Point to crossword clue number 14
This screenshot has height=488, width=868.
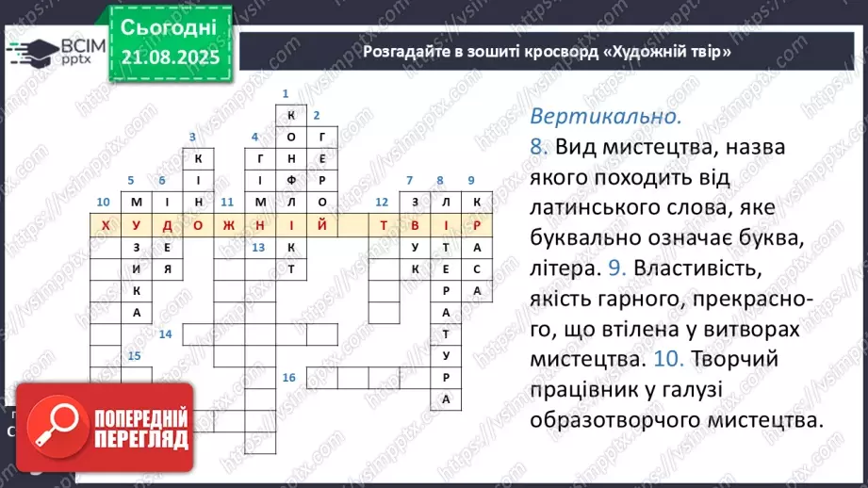(x=165, y=333)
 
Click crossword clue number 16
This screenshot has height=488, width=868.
(x=288, y=377)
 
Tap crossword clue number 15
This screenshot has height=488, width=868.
(x=134, y=355)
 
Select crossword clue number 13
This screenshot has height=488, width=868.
(x=257, y=247)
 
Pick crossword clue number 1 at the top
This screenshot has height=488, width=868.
(x=285, y=93)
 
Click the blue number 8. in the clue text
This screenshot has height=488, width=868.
(x=539, y=148)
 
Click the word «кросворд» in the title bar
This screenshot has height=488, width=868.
(x=556, y=52)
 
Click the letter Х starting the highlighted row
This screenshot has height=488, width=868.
(x=106, y=226)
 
